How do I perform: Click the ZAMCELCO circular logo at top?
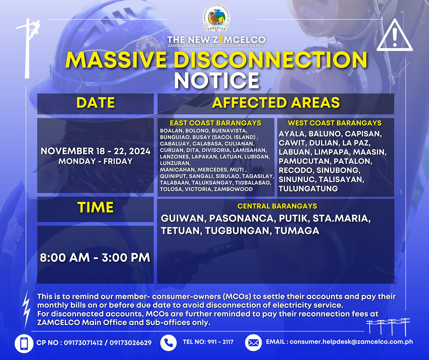coord(216,18)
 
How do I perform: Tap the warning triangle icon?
coord(394,36)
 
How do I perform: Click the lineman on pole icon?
coord(28,48)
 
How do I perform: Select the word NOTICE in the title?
coord(216,81)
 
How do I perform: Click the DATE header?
coord(95,103)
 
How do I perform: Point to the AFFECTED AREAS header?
coord(276,103)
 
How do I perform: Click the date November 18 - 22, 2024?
coord(95,151)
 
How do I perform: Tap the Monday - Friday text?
coord(95,161)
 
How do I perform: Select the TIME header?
coord(95,207)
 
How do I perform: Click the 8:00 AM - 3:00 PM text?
coord(95,258)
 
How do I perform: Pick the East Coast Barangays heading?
coord(216,123)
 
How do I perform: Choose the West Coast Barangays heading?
coord(335,123)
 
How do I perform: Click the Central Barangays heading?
coord(277,206)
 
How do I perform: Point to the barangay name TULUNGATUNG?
coord(308,189)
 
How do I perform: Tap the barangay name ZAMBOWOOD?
coord(233,189)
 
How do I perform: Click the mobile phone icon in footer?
coord(24,343)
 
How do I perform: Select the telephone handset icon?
coord(168,343)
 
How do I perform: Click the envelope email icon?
coord(253,343)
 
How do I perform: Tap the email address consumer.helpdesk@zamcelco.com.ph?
coord(351,342)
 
